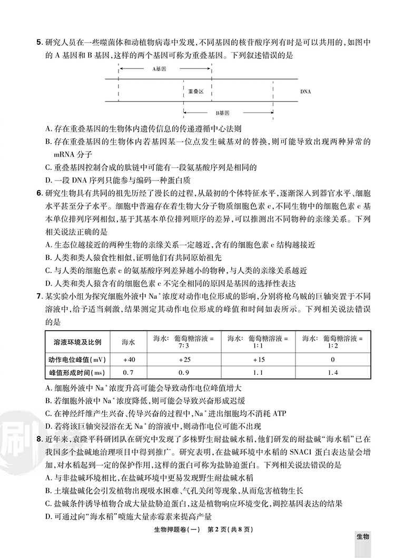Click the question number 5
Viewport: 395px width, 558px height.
39,41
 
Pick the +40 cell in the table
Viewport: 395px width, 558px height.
129,359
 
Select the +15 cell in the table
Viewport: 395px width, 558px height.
258,359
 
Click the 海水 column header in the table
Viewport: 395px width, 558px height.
129,342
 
